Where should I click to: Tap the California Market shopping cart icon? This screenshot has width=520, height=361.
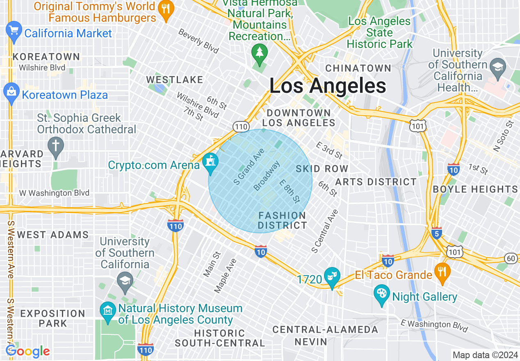click(14, 31)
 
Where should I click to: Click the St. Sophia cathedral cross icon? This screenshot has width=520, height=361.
click(56, 146)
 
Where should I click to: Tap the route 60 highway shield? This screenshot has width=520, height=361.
click(511, 258)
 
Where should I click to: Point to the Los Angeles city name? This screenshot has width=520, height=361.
click(328, 86)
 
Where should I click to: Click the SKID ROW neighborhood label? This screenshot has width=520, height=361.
click(322, 169)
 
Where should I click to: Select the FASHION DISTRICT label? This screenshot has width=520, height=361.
click(282, 220)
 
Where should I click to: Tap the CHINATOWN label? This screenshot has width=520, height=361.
click(358, 68)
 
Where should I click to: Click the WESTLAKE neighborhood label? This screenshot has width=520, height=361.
click(175, 80)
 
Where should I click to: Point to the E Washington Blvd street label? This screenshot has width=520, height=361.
click(434, 326)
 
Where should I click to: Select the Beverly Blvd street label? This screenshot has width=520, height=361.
click(198, 41)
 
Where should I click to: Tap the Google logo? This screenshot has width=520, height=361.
click(27, 352)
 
